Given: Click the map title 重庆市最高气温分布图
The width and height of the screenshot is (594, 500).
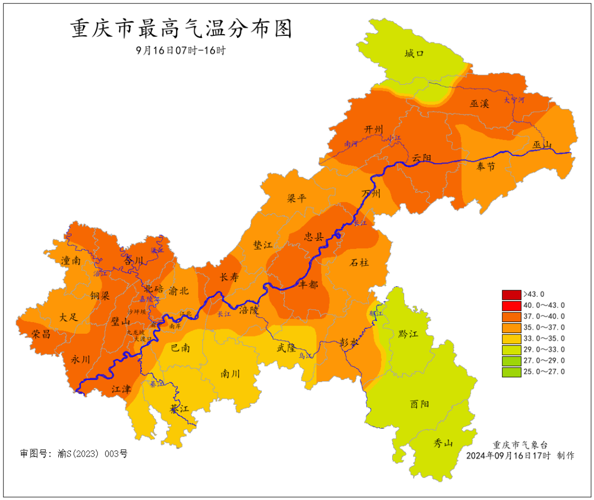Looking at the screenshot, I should click(x=181, y=29).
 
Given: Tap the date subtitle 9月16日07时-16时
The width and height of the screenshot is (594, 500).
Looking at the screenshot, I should click(x=181, y=50).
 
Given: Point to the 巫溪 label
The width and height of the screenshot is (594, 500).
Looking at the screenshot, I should click(x=479, y=103).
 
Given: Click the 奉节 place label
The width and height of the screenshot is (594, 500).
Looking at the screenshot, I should click(x=486, y=166).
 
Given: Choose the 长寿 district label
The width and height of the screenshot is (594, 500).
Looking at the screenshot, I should click(x=229, y=278).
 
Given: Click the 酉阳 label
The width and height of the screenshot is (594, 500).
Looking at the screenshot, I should click(x=419, y=404).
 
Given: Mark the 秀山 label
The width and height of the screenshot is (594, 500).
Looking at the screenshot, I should click(x=443, y=442).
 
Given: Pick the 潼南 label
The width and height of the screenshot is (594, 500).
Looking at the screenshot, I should click(x=71, y=260).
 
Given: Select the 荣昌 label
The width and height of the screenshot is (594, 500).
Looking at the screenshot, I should click(x=41, y=334).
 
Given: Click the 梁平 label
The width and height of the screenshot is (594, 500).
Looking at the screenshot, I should click(x=296, y=199).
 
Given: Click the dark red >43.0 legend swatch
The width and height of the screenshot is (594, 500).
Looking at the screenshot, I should click(x=511, y=294).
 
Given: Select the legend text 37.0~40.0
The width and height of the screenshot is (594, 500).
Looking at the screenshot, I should click(x=544, y=317).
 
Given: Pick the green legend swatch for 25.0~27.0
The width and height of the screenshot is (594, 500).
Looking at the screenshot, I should click(x=511, y=372).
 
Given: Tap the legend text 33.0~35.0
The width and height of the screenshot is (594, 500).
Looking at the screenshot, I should click(x=544, y=339).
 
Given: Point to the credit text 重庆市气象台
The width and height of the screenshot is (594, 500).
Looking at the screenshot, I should click(x=520, y=445).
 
